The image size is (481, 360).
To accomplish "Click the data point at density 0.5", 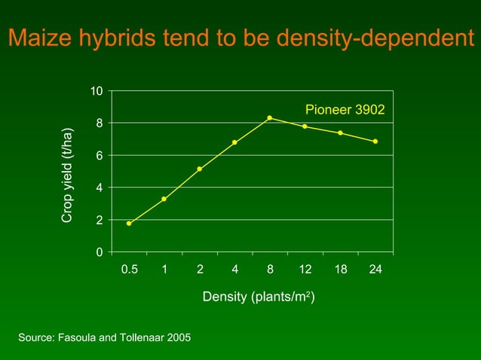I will (x=129, y=224).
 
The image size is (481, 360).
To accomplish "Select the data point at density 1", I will (x=164, y=199).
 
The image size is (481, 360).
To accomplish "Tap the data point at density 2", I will (x=199, y=169).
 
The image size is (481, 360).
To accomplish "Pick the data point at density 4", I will (x=234, y=142).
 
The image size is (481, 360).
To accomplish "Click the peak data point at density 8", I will (x=269, y=117).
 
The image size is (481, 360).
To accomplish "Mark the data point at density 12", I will (x=305, y=127).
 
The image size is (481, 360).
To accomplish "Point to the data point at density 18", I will (x=340, y=133).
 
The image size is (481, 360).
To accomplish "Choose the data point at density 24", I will (x=375, y=142).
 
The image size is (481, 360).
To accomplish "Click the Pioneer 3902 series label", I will (x=345, y=110).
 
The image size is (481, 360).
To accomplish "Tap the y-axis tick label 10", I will (x=97, y=91).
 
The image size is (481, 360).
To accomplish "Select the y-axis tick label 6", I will (x=100, y=155).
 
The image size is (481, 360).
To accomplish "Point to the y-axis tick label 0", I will (x=100, y=252).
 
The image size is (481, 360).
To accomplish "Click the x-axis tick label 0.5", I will (x=130, y=270).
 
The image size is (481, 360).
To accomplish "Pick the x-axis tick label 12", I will (x=305, y=270).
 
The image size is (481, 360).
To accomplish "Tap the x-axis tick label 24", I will (x=375, y=270).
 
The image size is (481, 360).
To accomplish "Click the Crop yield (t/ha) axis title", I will (x=67, y=175).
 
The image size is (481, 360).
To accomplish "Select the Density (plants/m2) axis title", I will (x=259, y=297).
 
